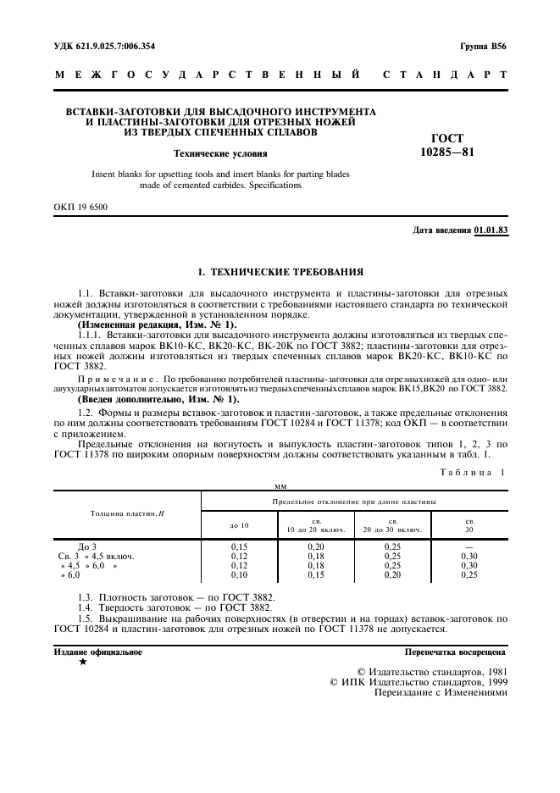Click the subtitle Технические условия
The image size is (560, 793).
click(220, 153)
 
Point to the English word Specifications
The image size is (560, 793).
click(274, 185)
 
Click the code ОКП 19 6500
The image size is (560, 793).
click(81, 206)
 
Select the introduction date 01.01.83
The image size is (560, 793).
click(491, 230)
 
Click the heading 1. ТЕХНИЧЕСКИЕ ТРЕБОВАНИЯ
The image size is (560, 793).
click(280, 272)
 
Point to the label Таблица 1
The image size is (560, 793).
click(474, 472)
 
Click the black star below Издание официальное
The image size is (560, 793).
click(82, 662)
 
